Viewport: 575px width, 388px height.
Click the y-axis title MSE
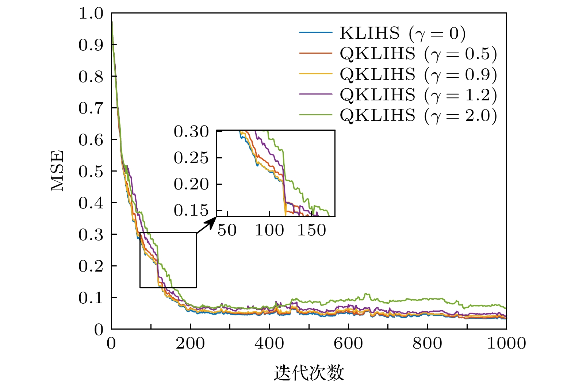57,171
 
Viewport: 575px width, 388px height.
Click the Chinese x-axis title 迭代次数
309,373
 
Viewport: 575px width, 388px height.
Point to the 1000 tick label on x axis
506,343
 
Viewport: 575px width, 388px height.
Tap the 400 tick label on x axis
269,343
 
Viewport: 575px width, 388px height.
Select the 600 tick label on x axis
348,343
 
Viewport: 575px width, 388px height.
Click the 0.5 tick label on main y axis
91,171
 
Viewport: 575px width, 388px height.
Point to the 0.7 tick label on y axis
91,108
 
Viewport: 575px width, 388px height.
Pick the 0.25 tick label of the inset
191,158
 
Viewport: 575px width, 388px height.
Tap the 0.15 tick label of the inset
191,210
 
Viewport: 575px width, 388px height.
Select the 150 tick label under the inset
311,230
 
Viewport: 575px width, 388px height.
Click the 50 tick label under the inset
227,230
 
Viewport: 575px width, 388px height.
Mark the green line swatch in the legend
316,115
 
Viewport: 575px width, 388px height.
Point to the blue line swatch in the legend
316,33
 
